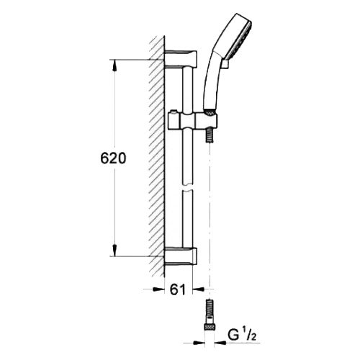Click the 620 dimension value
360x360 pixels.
coord(113,158)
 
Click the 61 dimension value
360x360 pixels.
coord(178,290)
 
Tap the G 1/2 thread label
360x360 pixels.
coord(241,336)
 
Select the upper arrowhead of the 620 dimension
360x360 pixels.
coord(114,66)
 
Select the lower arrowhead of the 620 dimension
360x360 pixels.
coord(114,251)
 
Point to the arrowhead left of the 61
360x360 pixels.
coord(158,289)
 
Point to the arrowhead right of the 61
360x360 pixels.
coord(199,289)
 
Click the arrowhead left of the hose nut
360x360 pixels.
coord(199,343)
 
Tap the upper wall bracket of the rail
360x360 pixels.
coord(181,59)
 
